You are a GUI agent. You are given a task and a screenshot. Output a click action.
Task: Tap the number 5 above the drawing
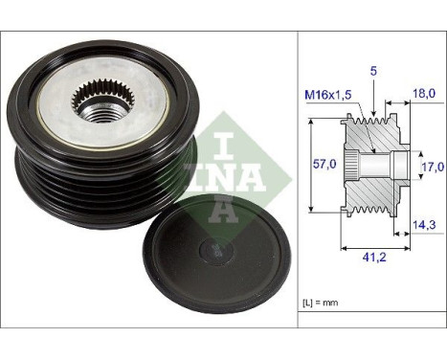click(x=374, y=69)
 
